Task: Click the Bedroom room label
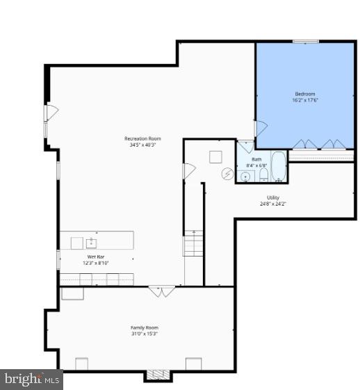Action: click(304, 94)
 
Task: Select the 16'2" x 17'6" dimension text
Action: click(304, 100)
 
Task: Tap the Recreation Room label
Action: click(142, 138)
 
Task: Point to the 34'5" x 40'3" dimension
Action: click(142, 145)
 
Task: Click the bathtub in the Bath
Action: click(277, 166)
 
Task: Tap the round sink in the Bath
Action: click(245, 176)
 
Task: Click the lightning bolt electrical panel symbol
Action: click(227, 174)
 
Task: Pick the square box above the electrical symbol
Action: click(215, 156)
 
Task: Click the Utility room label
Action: click(273, 197)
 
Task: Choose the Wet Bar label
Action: click(96, 257)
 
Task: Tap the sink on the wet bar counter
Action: click(91, 243)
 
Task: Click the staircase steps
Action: click(194, 244)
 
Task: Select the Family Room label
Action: click(145, 327)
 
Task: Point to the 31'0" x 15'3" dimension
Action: click(145, 334)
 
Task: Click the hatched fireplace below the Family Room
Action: click(157, 375)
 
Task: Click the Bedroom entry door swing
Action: click(261, 129)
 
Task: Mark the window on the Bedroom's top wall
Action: click(305, 42)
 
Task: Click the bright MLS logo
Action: click(31, 380)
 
